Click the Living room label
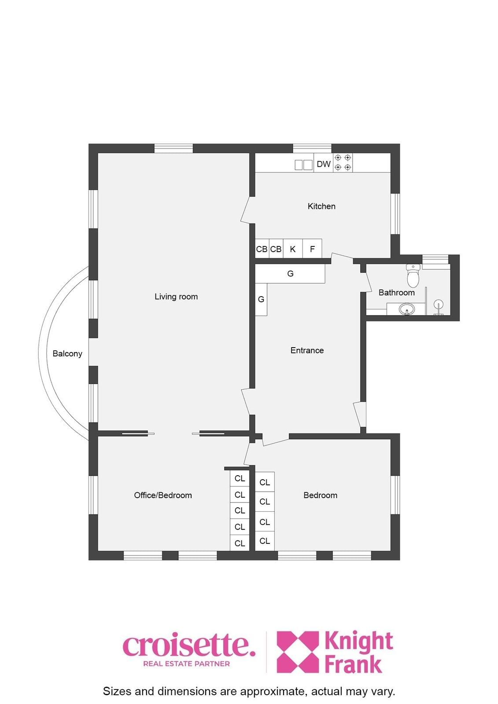176,297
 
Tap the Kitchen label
321,206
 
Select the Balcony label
67,354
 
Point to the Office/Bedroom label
162,495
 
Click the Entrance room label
307,350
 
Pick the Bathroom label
396,293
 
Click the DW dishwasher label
323,164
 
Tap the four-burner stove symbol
343,162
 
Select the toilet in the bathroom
413,275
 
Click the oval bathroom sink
407,309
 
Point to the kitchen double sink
303,165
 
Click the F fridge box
312,249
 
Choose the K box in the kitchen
292,249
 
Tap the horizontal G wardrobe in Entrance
290,274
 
